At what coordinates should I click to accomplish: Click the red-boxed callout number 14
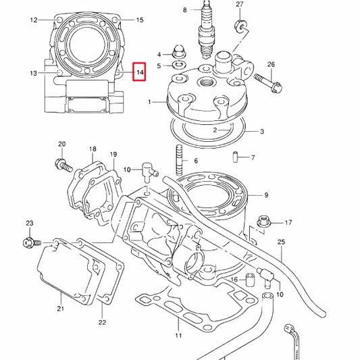140,72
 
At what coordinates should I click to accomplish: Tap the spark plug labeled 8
205,30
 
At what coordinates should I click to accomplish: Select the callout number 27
239,5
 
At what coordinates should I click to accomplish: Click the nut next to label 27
238,27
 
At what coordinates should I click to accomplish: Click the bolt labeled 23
31,240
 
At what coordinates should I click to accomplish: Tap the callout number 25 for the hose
282,241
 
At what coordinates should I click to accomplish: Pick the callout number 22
102,322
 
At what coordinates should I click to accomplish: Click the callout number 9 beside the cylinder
266,195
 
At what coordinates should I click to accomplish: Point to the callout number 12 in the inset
33,20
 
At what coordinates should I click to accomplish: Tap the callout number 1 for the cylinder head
150,103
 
